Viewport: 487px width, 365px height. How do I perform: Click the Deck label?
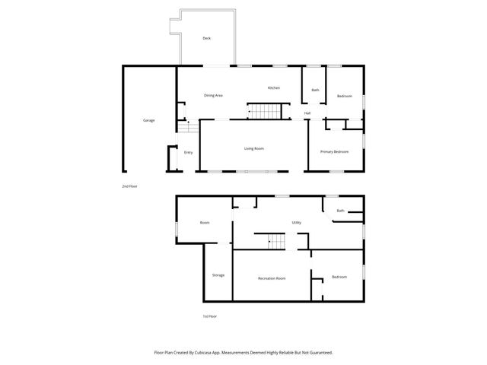[206, 38]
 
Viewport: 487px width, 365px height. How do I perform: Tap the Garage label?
[149, 120]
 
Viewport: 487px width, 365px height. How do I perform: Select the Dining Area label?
[213, 96]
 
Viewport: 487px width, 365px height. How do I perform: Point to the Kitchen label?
[273, 88]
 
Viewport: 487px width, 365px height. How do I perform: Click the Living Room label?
[253, 148]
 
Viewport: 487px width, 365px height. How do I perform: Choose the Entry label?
[189, 152]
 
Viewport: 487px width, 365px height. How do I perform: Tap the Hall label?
[307, 113]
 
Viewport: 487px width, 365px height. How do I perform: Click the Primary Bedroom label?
[334, 152]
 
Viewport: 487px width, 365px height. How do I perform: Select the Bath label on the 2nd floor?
[315, 90]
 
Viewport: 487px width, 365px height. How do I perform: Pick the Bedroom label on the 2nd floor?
[345, 96]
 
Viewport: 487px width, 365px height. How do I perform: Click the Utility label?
[296, 223]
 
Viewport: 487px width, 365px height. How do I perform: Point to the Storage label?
[218, 275]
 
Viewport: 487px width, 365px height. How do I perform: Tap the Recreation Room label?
[272, 278]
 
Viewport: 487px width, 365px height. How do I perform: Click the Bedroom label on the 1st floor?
[339, 277]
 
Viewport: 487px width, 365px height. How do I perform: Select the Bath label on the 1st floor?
[341, 211]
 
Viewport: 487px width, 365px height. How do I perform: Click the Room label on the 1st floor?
[205, 223]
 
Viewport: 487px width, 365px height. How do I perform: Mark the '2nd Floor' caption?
[129, 186]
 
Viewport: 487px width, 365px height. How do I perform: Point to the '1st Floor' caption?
[209, 316]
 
